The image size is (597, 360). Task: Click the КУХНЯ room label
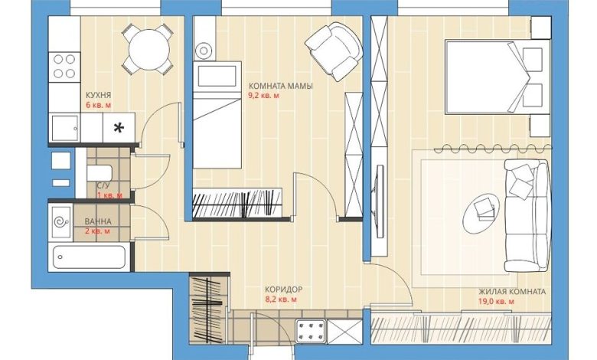(98, 95)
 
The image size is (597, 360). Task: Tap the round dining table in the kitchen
(149, 50)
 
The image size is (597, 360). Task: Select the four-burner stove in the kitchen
(64, 67)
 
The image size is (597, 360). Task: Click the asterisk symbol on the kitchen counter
(119, 129)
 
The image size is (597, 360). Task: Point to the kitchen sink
(65, 128)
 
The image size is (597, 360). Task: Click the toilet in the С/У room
(99, 173)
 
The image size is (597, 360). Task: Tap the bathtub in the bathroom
(89, 257)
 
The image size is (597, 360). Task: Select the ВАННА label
(98, 221)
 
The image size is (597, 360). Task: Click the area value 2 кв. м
(98, 231)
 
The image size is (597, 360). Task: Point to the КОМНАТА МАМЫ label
(281, 86)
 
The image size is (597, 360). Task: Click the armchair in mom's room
(334, 51)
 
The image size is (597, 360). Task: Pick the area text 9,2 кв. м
(263, 96)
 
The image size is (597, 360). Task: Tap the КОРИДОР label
(284, 290)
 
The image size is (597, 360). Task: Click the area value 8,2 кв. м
(281, 299)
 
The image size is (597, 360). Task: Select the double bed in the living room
(497, 77)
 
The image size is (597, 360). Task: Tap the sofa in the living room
(527, 215)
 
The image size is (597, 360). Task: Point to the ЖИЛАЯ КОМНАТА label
(512, 292)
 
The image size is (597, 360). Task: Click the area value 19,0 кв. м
(497, 302)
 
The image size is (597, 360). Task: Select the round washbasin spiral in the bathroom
(61, 221)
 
